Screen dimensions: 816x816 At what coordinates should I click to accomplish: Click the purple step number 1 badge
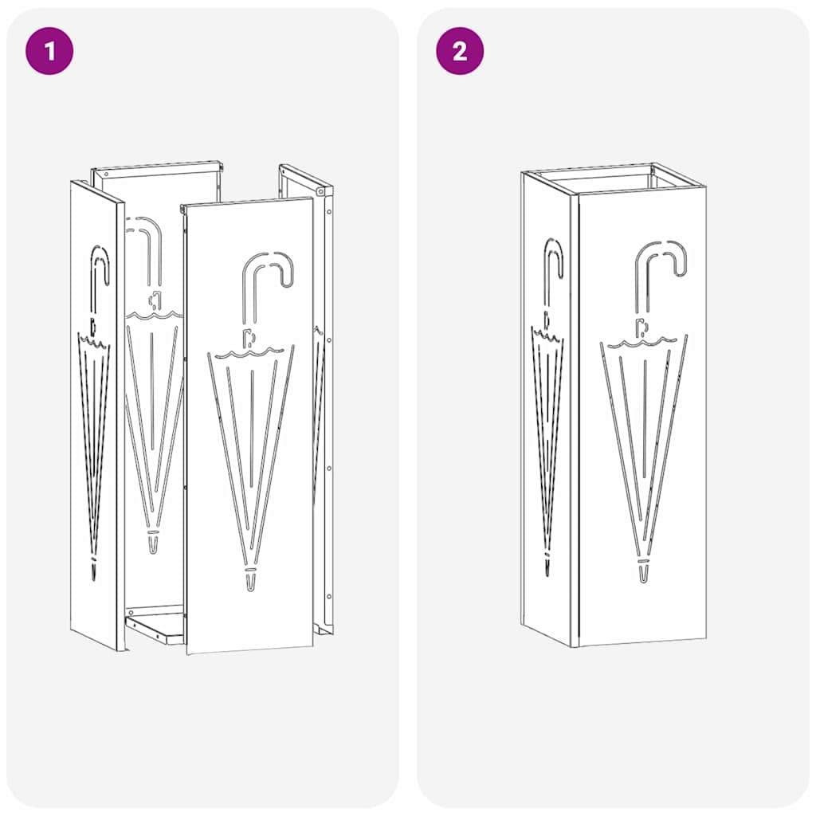click(50, 52)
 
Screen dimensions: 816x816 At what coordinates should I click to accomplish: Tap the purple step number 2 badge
click(460, 52)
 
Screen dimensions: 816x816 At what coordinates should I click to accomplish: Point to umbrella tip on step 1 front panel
click(251, 581)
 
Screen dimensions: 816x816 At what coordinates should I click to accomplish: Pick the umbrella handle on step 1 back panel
click(148, 239)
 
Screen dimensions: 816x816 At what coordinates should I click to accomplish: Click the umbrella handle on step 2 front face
click(661, 263)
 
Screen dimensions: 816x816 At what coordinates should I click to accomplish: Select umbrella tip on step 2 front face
click(643, 572)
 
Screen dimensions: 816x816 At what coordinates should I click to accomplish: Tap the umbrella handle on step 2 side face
click(554, 263)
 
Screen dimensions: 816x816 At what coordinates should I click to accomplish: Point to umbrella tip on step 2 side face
click(547, 564)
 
